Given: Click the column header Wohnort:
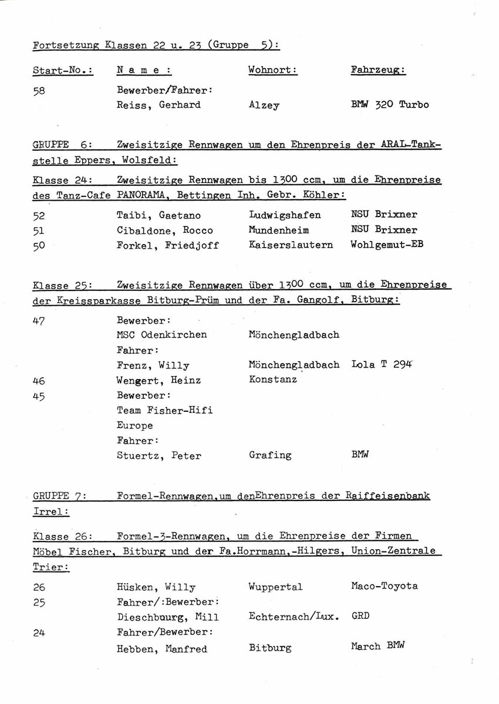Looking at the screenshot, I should [x=272, y=70].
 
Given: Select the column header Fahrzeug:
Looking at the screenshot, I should [x=378, y=70].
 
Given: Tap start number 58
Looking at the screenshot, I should [x=39, y=90].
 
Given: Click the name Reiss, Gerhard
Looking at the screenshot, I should [x=159, y=105].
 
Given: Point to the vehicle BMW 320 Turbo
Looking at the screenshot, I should [x=390, y=105].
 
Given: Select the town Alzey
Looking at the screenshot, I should [x=264, y=106].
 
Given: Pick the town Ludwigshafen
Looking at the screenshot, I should [x=285, y=215].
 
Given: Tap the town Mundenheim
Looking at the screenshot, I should [x=279, y=230].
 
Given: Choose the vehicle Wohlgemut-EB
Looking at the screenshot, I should [x=386, y=244].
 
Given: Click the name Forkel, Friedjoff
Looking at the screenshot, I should [x=167, y=245].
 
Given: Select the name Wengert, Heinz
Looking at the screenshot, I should [x=159, y=380].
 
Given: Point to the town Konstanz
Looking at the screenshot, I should [x=272, y=380].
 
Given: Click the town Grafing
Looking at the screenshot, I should [x=269, y=455].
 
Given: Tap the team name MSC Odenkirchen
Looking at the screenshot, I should [x=161, y=335].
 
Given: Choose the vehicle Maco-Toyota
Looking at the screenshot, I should [x=385, y=586].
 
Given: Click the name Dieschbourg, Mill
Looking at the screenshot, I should [x=167, y=617].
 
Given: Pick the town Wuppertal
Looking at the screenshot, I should [x=275, y=587].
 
